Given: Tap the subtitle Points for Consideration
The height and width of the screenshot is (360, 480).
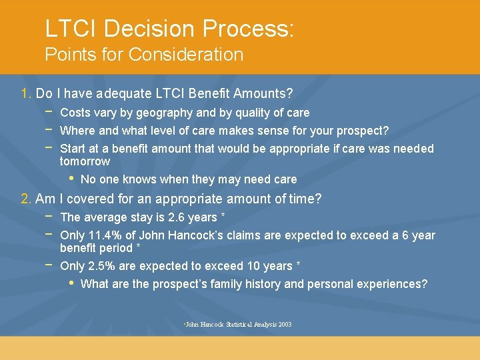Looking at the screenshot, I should (x=144, y=55).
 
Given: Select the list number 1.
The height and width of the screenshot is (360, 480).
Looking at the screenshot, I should (x=27, y=94).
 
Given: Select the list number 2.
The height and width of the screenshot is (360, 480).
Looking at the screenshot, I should (x=27, y=199).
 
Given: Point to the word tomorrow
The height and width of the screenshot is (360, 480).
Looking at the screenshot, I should (x=85, y=161).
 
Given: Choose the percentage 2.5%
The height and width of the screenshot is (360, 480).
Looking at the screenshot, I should (x=100, y=266).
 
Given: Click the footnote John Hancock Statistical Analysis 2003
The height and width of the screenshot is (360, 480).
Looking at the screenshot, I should (x=238, y=325).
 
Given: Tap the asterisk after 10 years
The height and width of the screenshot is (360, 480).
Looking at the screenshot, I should (x=298, y=265).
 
